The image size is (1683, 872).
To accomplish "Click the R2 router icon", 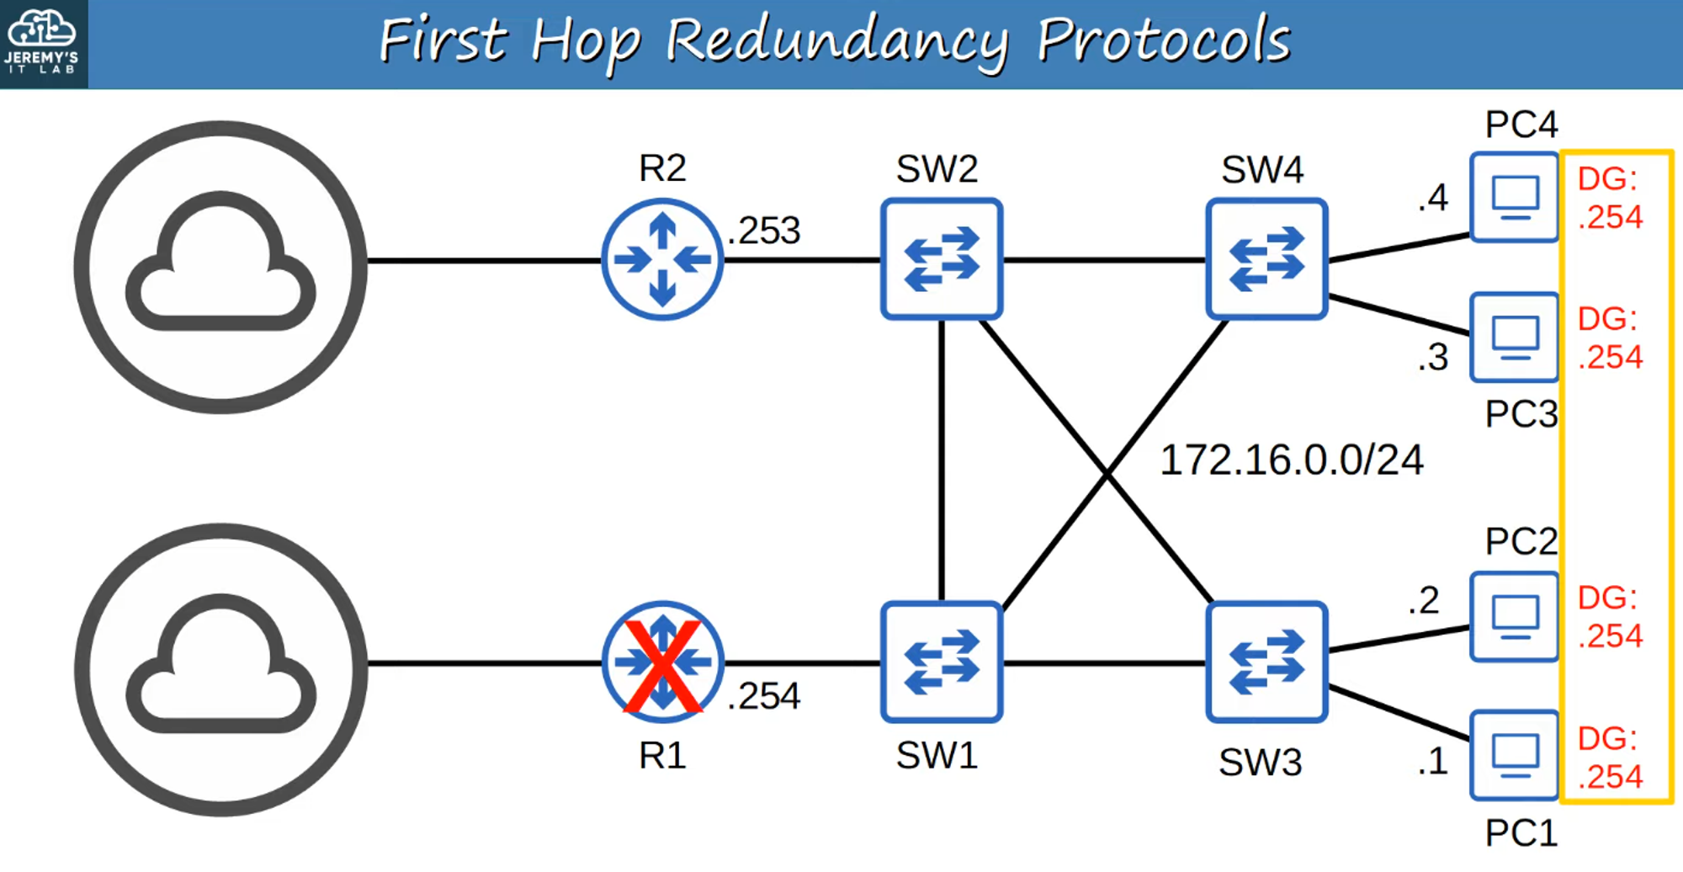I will click(x=662, y=259).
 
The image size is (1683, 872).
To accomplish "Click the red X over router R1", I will click(x=662, y=666).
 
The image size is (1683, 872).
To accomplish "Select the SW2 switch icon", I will click(x=941, y=259).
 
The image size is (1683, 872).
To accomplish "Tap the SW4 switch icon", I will click(x=1266, y=259).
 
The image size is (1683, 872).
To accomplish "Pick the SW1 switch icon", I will click(x=941, y=662).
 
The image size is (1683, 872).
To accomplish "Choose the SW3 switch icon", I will click(x=1266, y=662).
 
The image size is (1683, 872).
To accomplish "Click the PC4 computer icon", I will click(x=1514, y=197).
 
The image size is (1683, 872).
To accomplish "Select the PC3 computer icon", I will click(x=1514, y=337).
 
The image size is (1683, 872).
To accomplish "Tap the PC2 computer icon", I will click(x=1514, y=616).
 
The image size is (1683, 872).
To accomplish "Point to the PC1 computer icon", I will click(x=1514, y=755).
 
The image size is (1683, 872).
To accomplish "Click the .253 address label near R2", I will click(x=764, y=231).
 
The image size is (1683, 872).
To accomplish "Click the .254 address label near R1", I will click(x=764, y=696).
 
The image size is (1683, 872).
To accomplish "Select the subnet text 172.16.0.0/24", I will click(x=1291, y=460).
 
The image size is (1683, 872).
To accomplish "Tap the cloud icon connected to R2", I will click(x=220, y=266).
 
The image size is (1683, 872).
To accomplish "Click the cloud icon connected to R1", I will click(x=220, y=669).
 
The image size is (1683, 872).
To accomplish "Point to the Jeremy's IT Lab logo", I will click(x=42, y=42).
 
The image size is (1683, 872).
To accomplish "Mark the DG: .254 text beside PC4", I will click(x=1609, y=198).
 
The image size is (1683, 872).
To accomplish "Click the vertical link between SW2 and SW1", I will click(x=941, y=459).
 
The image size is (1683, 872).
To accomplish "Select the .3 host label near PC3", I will click(x=1432, y=358).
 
